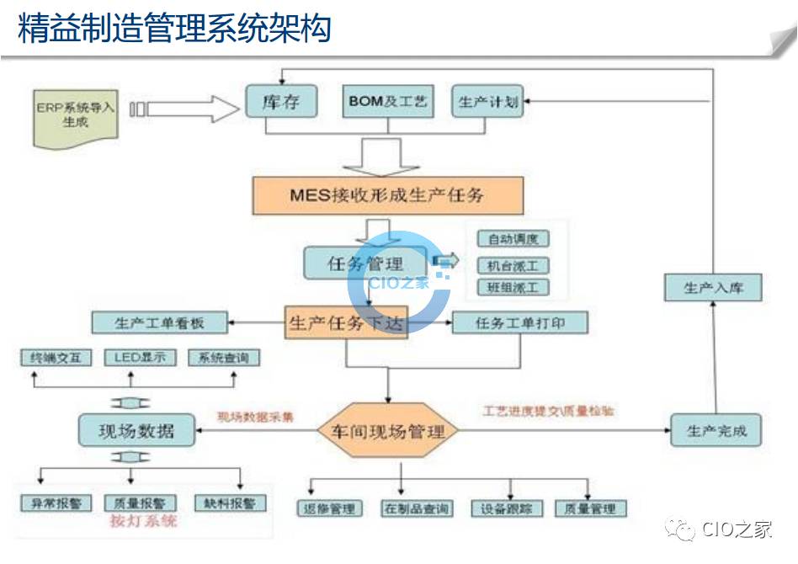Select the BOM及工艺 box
pyautogui.click(x=388, y=102)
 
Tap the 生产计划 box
pyautogui.click(x=487, y=102)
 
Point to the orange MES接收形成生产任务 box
pyautogui.click(x=388, y=196)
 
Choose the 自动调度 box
pyautogui.click(x=513, y=240)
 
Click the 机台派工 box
pyautogui.click(x=513, y=265)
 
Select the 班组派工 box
pyautogui.click(x=513, y=288)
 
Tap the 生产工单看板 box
pyautogui.click(x=159, y=322)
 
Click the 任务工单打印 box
pyautogui.click(x=519, y=322)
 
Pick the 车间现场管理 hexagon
pyautogui.click(x=388, y=432)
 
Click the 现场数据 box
pyautogui.click(x=136, y=430)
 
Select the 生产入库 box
pyautogui.click(x=714, y=288)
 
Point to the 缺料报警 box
pyautogui.click(x=229, y=503)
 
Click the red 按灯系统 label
pyautogui.click(x=143, y=521)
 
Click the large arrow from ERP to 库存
pyautogui.click(x=185, y=108)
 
